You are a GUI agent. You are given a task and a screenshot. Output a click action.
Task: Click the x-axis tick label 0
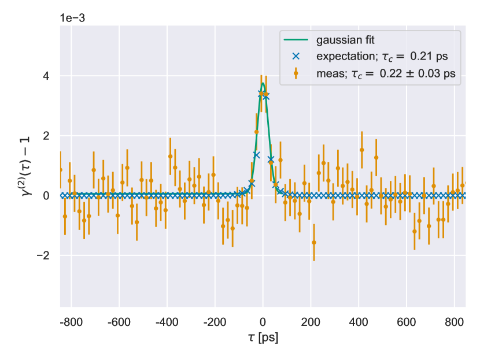[263, 322]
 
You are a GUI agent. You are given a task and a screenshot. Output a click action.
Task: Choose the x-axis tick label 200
[311, 322]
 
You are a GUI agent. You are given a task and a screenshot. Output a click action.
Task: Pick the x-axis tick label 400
[359, 322]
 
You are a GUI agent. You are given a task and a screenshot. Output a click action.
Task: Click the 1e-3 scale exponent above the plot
[72, 17]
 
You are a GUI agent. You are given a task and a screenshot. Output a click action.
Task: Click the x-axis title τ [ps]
[263, 337]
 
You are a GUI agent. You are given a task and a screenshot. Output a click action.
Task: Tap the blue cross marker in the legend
[296, 57]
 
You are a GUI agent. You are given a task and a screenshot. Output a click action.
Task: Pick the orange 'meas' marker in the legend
[296, 73]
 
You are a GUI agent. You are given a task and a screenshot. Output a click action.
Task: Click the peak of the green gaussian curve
[263, 83]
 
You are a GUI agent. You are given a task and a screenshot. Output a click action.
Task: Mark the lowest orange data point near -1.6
[314, 243]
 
